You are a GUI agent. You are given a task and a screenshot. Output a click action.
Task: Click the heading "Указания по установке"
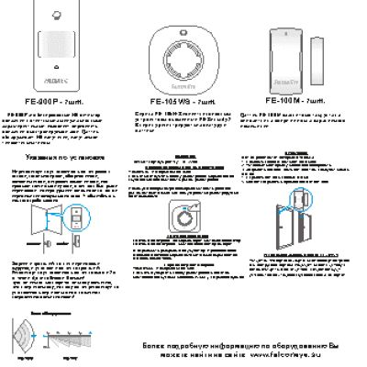click(61, 158)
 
